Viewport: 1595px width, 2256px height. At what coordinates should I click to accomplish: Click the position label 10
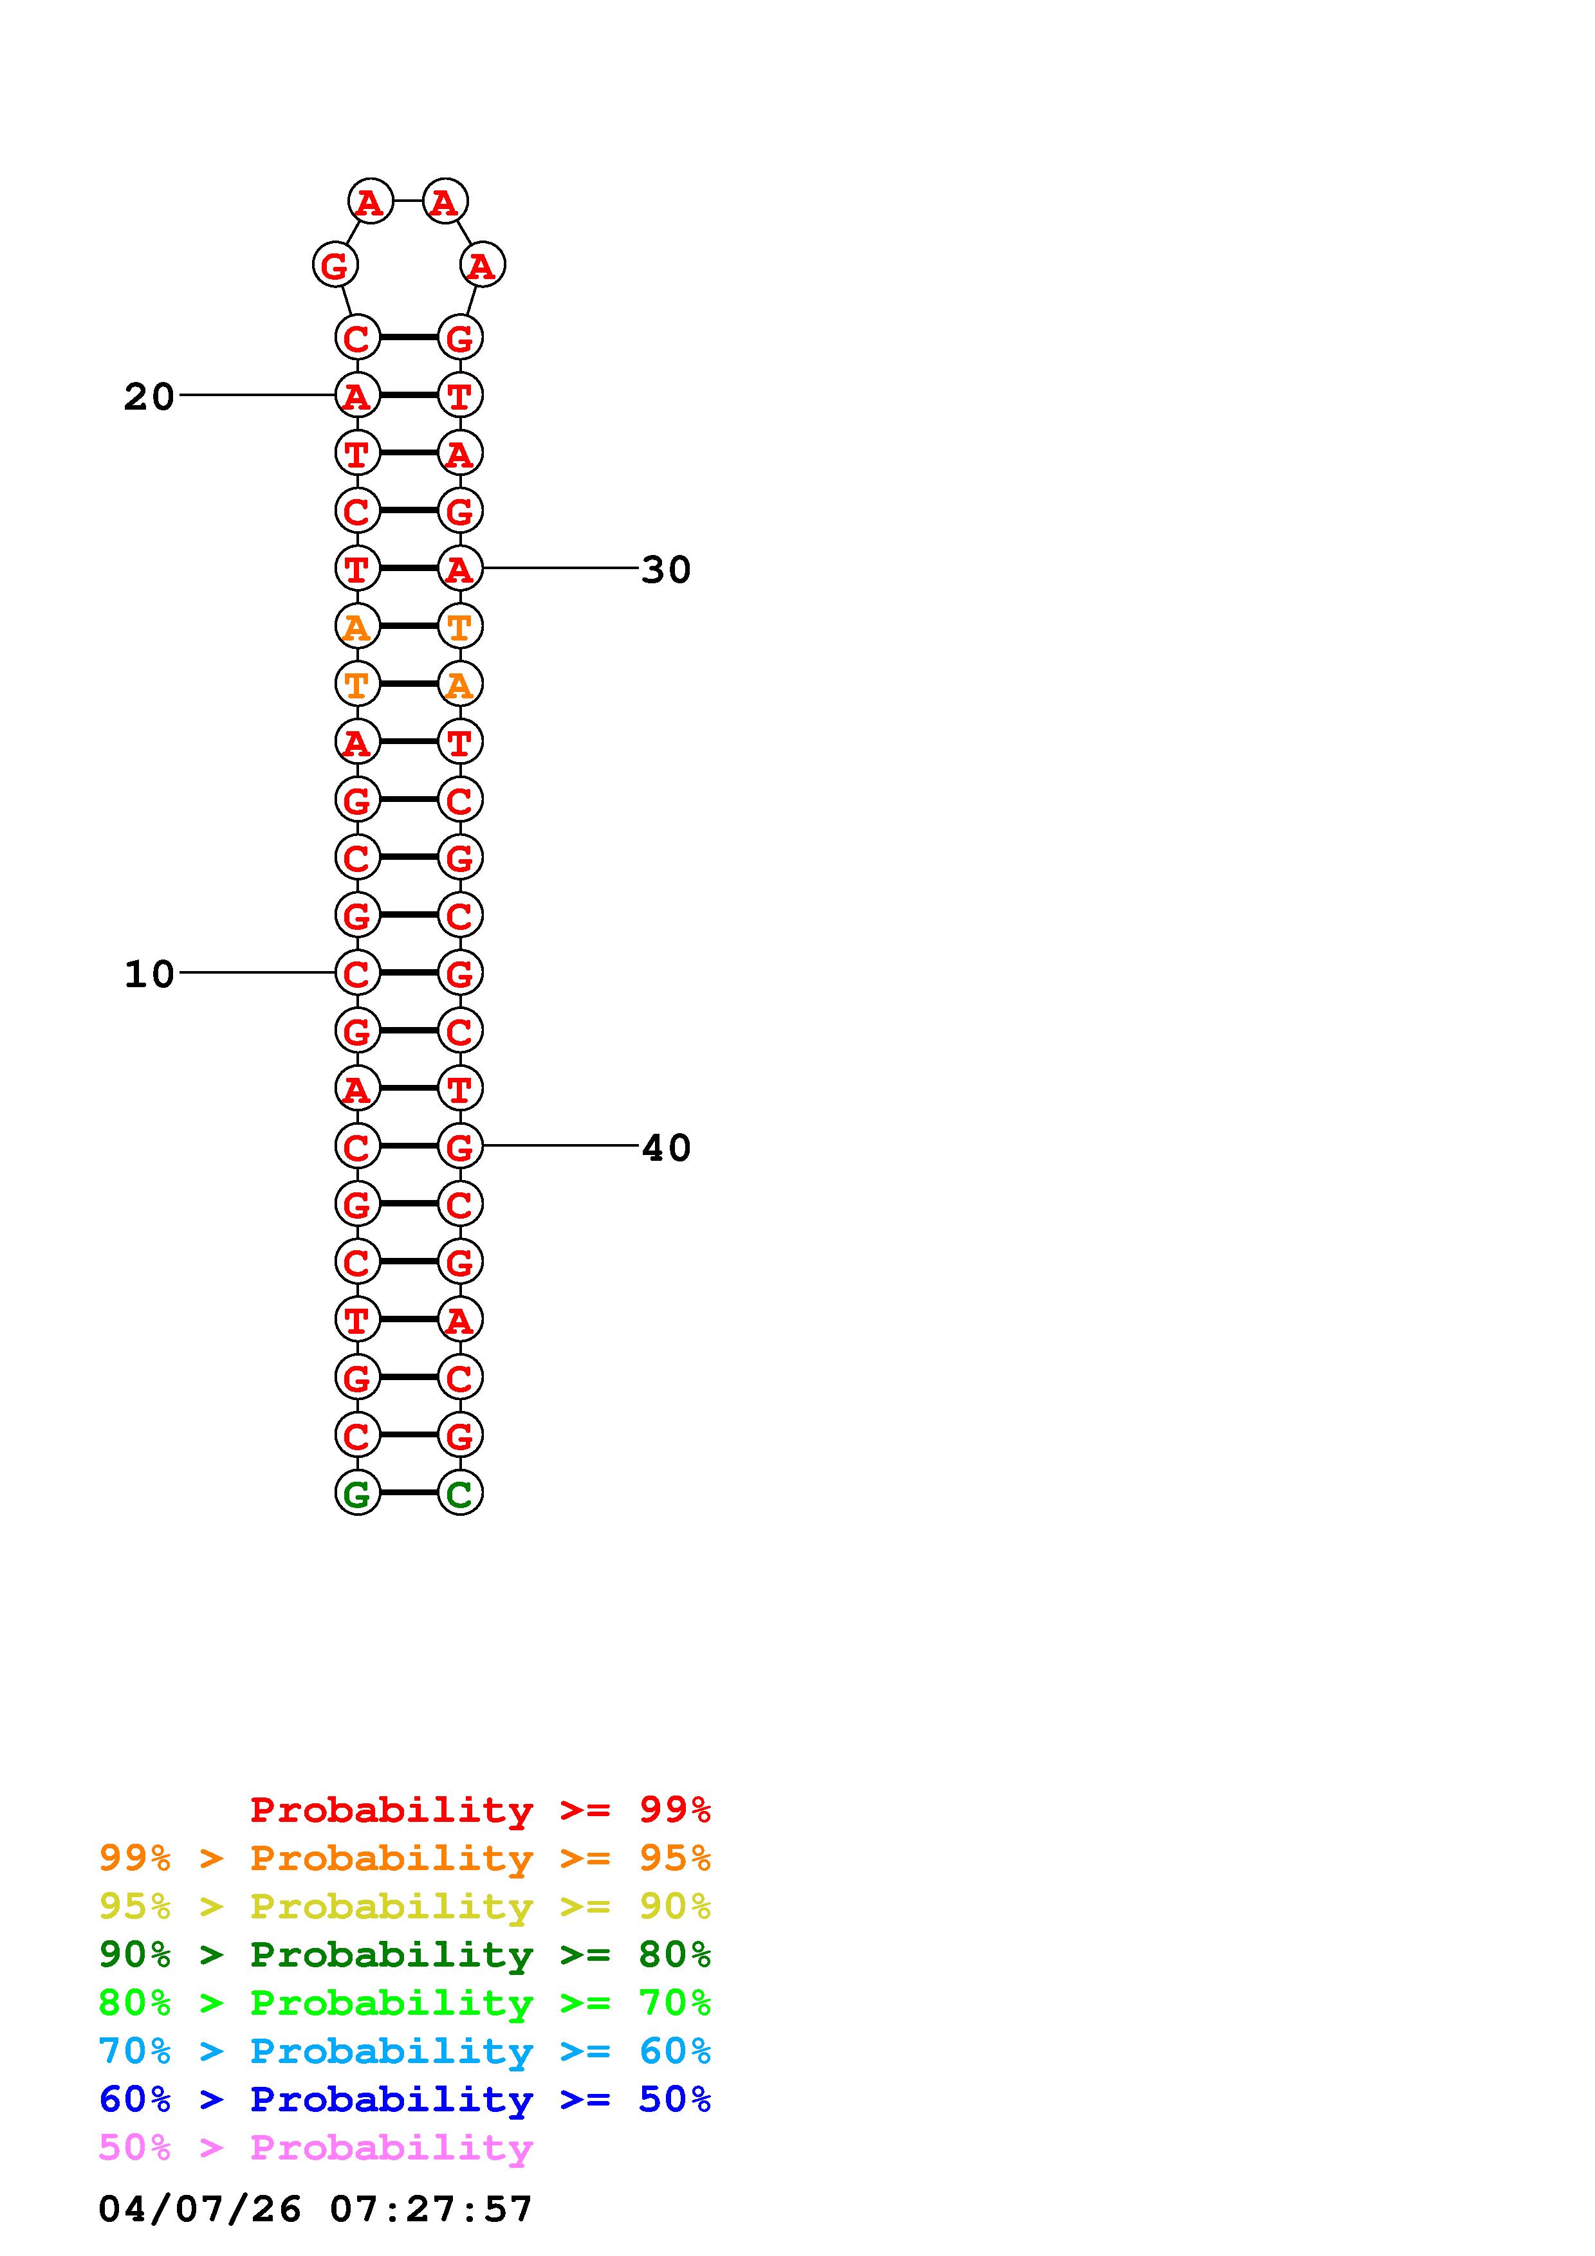pos(149,974)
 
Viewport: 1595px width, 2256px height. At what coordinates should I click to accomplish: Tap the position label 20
pos(149,396)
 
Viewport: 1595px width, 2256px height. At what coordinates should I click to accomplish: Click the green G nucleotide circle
pos(358,1493)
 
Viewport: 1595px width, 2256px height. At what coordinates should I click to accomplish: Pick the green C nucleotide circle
pos(460,1493)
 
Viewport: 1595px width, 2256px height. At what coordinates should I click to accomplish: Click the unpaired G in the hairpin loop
pos(335,266)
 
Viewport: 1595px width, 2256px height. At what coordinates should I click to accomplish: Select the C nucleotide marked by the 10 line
pos(358,974)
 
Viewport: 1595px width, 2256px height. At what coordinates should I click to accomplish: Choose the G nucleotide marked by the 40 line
pos(460,1146)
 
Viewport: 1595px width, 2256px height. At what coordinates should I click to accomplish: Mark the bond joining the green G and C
pos(409,1493)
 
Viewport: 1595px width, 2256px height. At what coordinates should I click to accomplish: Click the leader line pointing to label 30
pos(560,568)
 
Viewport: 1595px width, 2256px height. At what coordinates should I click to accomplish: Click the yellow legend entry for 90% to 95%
pos(404,1906)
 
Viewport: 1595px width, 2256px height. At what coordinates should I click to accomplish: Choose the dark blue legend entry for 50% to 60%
pos(404,2099)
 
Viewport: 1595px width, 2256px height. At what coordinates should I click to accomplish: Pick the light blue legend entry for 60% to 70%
pos(404,2051)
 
